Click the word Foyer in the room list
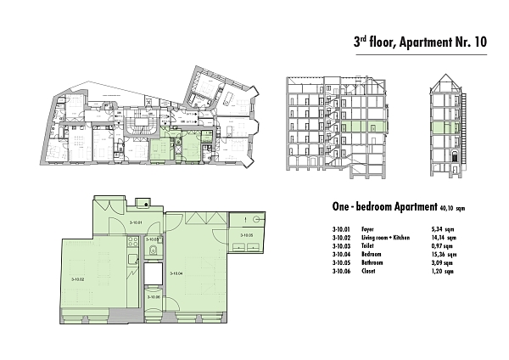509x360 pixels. pos(366,229)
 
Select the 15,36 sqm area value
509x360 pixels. pos(444,254)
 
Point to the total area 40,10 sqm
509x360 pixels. pos(458,207)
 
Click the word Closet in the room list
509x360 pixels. pos(367,270)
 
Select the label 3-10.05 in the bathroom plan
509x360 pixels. pos(247,234)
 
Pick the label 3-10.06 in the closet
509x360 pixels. pos(154,296)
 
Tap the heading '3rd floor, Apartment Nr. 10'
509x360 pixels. pos(419,42)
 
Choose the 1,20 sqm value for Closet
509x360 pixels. pos(444,270)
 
